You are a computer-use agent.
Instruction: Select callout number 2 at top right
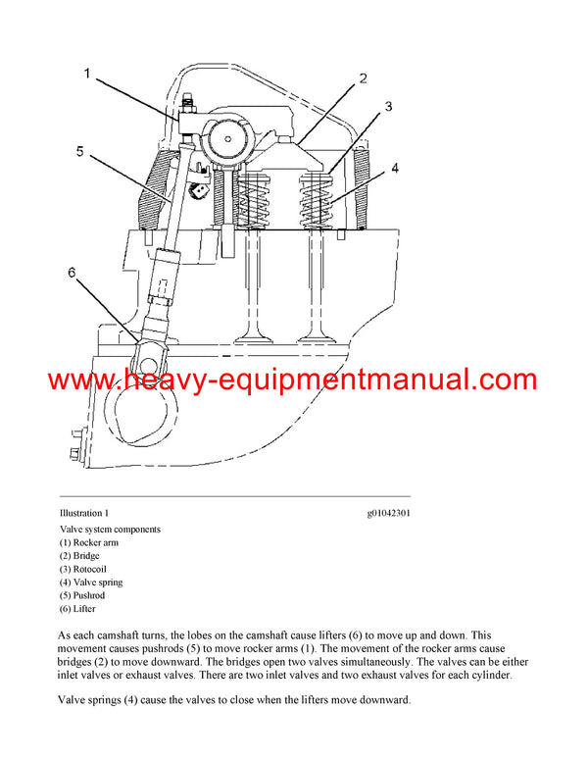(x=362, y=78)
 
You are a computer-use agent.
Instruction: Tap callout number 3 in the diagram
(x=389, y=106)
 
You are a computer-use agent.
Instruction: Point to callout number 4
(x=395, y=168)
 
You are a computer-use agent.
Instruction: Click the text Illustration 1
(x=84, y=513)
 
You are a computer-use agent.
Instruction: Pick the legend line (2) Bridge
(x=79, y=556)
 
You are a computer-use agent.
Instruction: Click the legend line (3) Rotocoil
(x=82, y=569)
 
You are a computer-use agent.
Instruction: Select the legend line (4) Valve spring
(x=91, y=583)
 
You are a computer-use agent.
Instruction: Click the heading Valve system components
(x=110, y=530)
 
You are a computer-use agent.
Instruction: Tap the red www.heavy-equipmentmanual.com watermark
(x=293, y=380)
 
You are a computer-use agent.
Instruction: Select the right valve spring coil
(x=323, y=201)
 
